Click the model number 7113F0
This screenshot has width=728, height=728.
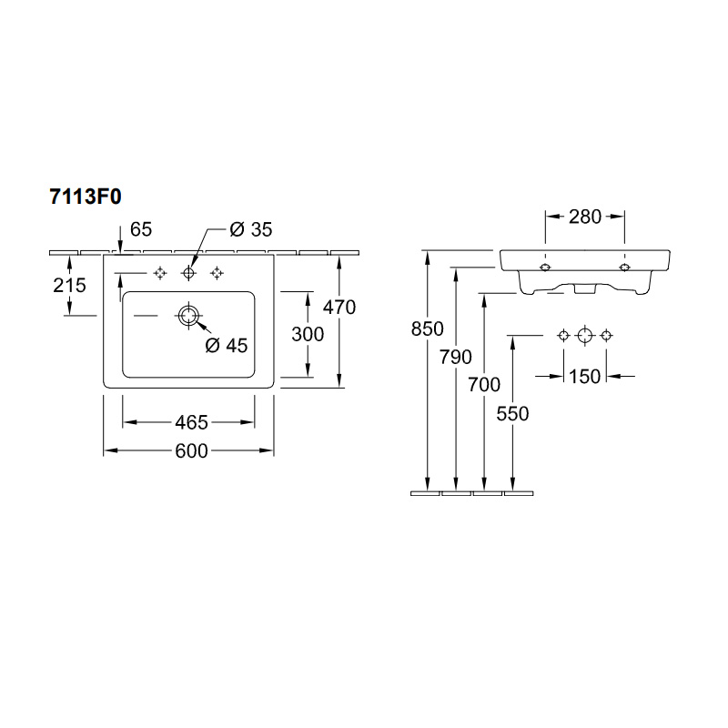[x=86, y=197]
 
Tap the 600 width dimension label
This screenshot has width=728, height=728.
[x=191, y=450]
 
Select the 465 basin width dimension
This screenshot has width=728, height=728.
[x=191, y=422]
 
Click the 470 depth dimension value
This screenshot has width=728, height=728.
[x=339, y=308]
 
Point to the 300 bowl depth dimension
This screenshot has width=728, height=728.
[x=308, y=334]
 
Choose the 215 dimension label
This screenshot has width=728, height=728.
[x=70, y=285]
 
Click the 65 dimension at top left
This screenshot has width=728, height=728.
[x=141, y=229]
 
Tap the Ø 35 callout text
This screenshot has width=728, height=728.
[x=251, y=229]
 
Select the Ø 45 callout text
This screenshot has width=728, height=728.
[x=227, y=346]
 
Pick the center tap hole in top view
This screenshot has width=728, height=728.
[x=188, y=273]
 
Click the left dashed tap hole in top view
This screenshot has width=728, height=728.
[x=160, y=273]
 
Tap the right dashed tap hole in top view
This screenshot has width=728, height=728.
[x=217, y=273]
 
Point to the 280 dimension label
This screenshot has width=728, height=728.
[x=585, y=217]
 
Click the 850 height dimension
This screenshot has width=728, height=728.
[x=427, y=329]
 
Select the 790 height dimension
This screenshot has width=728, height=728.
[x=456, y=357]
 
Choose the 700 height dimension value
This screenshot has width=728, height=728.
[x=484, y=385]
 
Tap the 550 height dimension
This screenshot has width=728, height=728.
[x=512, y=414]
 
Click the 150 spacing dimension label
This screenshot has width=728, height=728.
[x=585, y=377]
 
